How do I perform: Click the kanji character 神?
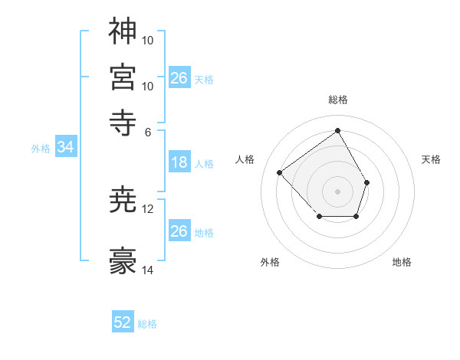123,31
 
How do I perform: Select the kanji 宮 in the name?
123,77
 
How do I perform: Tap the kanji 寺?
123,121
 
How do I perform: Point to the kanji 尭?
123,200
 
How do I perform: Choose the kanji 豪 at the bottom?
123,262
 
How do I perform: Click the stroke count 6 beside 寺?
148,131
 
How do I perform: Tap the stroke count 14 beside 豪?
148,270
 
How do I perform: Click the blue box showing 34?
65,148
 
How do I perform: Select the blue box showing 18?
179,162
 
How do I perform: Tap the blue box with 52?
123,322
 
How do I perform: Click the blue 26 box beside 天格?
179,77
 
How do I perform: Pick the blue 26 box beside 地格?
179,231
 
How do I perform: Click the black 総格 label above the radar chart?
337,100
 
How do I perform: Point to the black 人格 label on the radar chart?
245,159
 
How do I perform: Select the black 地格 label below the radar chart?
402,263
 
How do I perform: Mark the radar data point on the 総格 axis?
337,131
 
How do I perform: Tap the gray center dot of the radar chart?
337,191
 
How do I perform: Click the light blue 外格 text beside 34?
41,149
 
